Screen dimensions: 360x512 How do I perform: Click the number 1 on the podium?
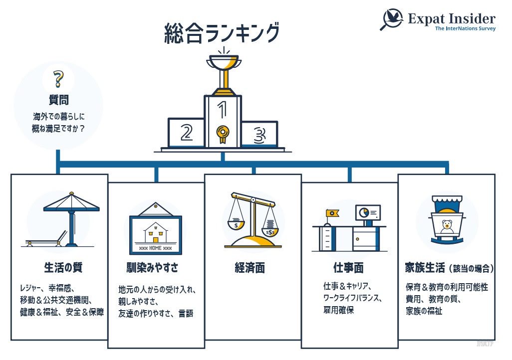pyautogui.click(x=223, y=108)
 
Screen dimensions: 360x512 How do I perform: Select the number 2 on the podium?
pyautogui.click(x=187, y=132)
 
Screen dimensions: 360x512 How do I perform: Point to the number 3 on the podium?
pyautogui.click(x=258, y=134)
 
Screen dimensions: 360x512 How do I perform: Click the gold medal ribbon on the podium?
pyautogui.click(x=223, y=134)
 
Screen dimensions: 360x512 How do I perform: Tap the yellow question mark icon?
pyautogui.click(x=59, y=79)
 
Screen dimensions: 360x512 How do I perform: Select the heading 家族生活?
pyautogui.click(x=425, y=268)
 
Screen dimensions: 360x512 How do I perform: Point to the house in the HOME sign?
pyautogui.click(x=155, y=232)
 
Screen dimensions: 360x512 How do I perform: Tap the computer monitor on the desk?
pyautogui.click(x=368, y=212)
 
